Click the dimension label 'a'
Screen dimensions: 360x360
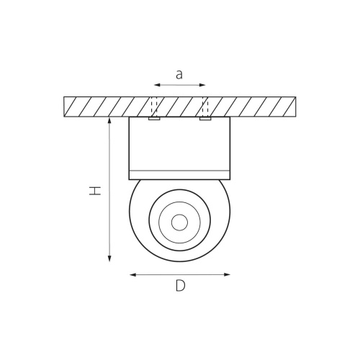point(179,73)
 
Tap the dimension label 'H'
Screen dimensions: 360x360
point(94,191)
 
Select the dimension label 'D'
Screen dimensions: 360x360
point(180,286)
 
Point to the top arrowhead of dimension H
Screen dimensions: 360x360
point(109,122)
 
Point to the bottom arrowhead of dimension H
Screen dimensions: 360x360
point(109,259)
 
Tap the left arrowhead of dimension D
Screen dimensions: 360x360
point(131,274)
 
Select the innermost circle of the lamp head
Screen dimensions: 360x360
point(179,222)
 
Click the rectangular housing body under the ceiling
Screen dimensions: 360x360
point(179,144)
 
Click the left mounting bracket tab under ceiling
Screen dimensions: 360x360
point(153,119)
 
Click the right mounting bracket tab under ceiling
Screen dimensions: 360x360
point(205,119)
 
